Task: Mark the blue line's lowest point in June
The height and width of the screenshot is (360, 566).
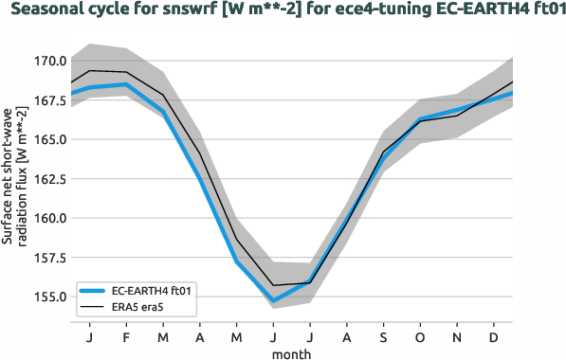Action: click(273, 300)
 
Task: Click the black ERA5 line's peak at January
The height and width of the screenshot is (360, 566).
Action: click(89, 70)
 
